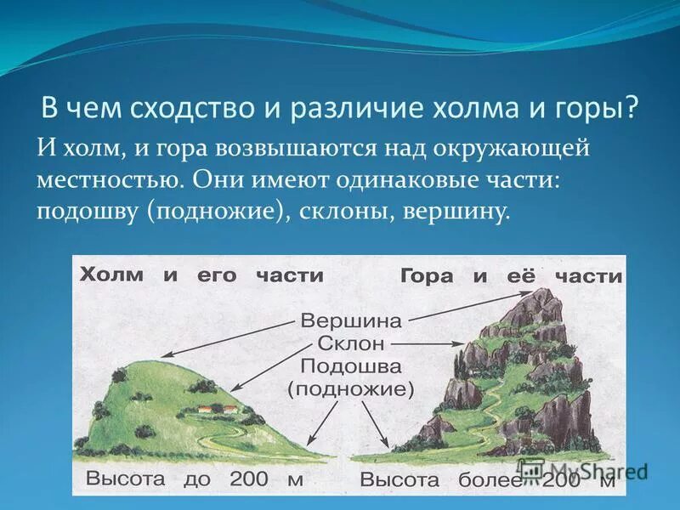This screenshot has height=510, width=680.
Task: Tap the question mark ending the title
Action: (632, 109)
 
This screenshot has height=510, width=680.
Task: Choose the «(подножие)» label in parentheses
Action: (350, 390)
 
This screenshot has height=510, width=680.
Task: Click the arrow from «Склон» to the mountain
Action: (429, 345)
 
